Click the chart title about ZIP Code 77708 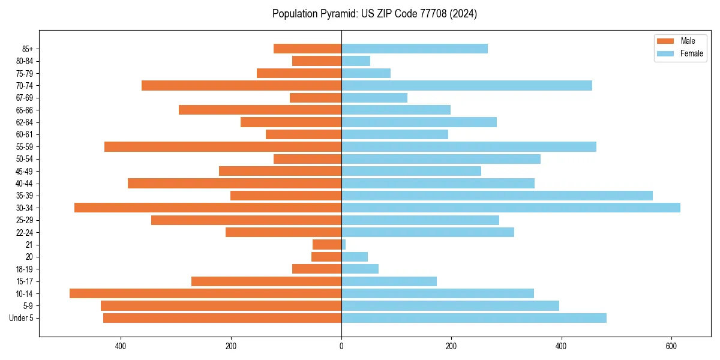(374, 14)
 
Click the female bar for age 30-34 (511, 208)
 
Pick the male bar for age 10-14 (205, 293)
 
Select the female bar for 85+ (415, 49)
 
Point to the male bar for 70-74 (241, 85)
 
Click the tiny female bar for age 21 (344, 244)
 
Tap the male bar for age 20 (326, 257)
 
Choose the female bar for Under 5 (474, 318)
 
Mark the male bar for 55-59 (223, 146)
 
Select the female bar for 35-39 (497, 196)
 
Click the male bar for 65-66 (260, 110)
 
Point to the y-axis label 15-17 (24, 281)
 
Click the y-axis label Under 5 (21, 318)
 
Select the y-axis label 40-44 (24, 183)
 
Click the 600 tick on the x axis (672, 346)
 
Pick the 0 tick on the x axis (341, 346)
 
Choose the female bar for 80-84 (356, 61)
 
